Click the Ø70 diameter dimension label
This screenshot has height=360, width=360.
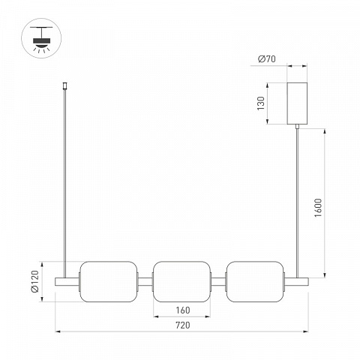pyautogui.click(x=267, y=59)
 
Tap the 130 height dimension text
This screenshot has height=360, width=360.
pyautogui.click(x=261, y=103)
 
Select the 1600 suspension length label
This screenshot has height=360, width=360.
pyautogui.click(x=318, y=208)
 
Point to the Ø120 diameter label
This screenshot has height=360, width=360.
pyautogui.click(x=34, y=281)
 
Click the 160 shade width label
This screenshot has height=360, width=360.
pyautogui.click(x=183, y=310)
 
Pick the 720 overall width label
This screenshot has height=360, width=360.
pyautogui.click(x=183, y=325)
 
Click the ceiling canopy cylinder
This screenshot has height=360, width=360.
pyautogui.click(x=297, y=103)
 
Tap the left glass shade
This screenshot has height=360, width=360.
pyautogui.click(x=109, y=281)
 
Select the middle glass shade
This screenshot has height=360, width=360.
pyautogui.click(x=181, y=281)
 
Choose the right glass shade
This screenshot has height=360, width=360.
pyautogui.click(x=255, y=281)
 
